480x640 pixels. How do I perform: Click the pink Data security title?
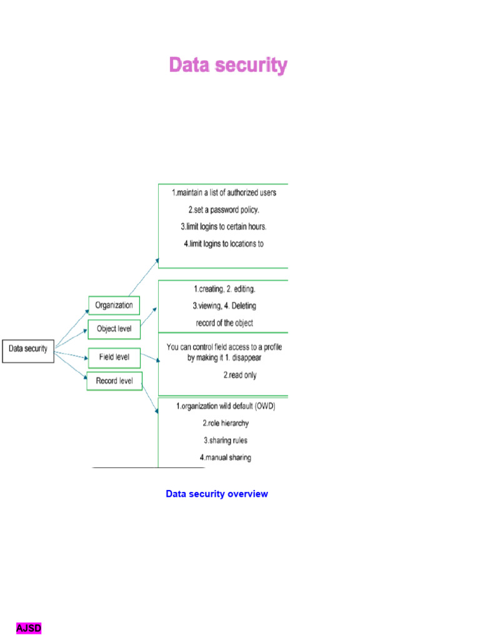228,65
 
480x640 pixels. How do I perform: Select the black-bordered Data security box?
28,349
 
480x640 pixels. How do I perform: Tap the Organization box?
114,306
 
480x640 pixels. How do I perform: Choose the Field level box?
114,357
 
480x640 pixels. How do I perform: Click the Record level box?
114,381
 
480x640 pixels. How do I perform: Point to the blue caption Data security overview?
217,494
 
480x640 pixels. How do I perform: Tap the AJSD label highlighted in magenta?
29,628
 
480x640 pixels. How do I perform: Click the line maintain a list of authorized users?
224,192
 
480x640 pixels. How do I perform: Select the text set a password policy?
224,209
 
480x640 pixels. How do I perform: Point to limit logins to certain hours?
224,226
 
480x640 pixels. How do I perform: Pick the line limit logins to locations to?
224,244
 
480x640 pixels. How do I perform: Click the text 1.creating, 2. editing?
224,289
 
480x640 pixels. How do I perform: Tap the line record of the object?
224,323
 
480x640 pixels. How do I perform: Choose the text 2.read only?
240,376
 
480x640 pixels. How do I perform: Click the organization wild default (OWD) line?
226,406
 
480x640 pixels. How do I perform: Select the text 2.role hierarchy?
226,423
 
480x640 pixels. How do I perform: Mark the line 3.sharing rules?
226,440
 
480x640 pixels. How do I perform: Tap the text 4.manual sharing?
226,457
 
